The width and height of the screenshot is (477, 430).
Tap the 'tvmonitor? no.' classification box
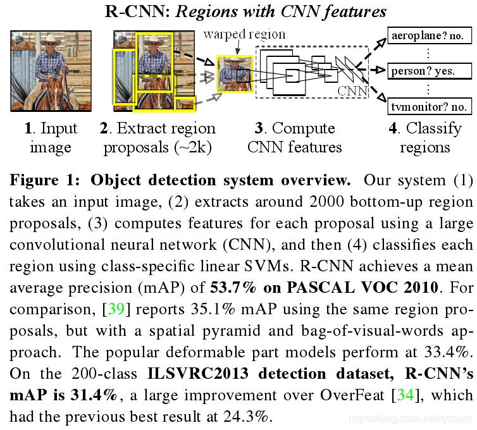[428, 106]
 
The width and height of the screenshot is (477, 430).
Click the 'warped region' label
[244, 34]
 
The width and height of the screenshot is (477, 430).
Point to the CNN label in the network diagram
[352, 91]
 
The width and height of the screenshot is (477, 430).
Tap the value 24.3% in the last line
[244, 417]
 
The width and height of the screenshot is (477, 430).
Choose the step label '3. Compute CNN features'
[295, 138]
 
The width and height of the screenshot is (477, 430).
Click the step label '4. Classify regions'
[424, 138]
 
